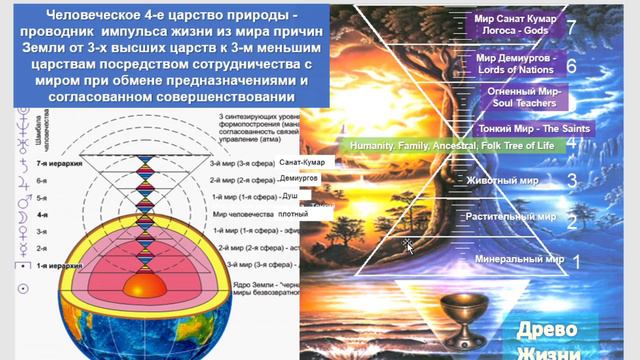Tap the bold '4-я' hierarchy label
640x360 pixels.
coord(43,214)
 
